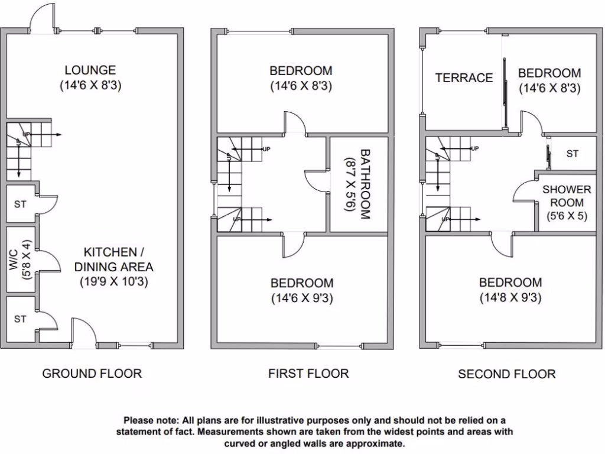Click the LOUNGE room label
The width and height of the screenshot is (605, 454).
(x=90, y=70)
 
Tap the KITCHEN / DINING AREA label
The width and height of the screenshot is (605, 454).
(x=114, y=258)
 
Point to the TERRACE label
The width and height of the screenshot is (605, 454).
(x=464, y=78)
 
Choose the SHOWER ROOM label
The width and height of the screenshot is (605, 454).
(x=567, y=196)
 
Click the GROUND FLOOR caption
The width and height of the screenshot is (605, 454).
(x=92, y=374)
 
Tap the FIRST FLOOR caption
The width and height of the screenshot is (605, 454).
(x=308, y=374)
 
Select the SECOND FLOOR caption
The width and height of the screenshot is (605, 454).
(x=507, y=374)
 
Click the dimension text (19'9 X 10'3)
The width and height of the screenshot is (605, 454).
(x=114, y=281)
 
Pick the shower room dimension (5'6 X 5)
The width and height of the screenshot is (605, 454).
(x=567, y=216)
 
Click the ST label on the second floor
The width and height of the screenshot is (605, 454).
(x=572, y=154)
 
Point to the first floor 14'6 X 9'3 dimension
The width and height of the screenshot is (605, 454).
(x=302, y=299)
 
